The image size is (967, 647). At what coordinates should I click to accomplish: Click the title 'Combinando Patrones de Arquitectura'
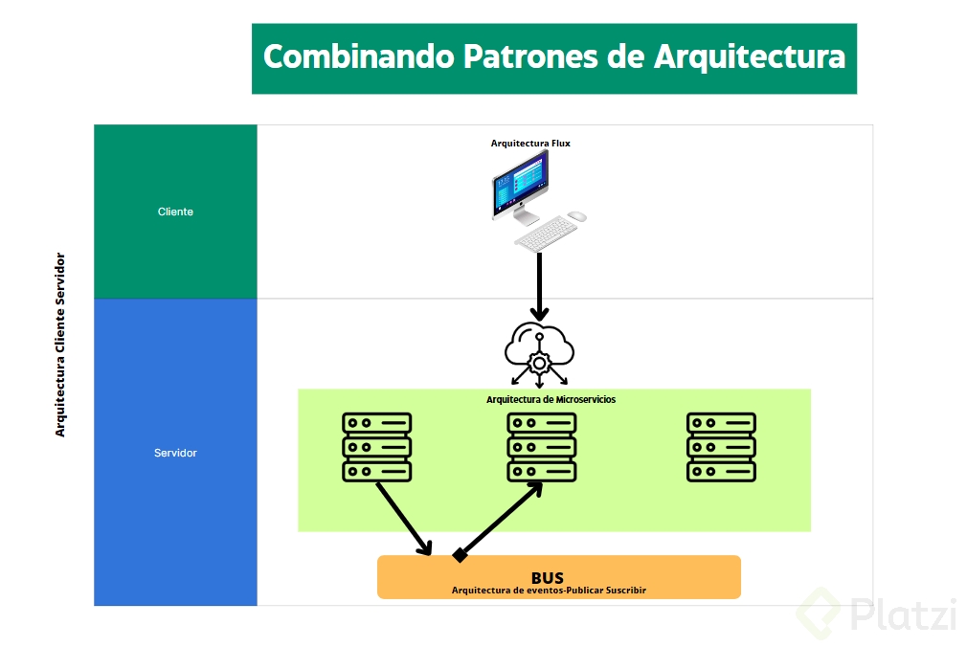click(553, 56)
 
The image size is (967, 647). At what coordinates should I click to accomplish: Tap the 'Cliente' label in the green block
click(175, 212)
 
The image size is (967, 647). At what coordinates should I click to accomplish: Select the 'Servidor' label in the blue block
click(175, 453)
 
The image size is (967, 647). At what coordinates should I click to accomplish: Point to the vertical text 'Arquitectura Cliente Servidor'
click(60, 345)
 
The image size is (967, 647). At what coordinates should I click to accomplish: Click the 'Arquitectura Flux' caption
click(530, 144)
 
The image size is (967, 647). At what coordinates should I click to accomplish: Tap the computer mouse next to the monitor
click(576, 216)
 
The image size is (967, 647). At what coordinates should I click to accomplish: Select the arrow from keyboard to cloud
click(540, 285)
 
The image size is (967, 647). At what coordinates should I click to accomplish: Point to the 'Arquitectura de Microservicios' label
click(551, 399)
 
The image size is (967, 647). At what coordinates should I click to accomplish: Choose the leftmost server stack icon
click(376, 446)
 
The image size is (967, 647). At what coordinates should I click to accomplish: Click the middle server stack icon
click(541, 446)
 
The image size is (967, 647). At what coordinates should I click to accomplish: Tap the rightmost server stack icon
click(721, 446)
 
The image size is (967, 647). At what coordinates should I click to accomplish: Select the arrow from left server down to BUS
click(403, 519)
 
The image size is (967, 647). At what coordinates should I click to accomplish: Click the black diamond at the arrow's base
click(460, 554)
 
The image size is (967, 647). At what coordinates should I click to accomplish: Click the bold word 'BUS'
click(548, 577)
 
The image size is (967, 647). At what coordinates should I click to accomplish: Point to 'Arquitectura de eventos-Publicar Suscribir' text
click(549, 591)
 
